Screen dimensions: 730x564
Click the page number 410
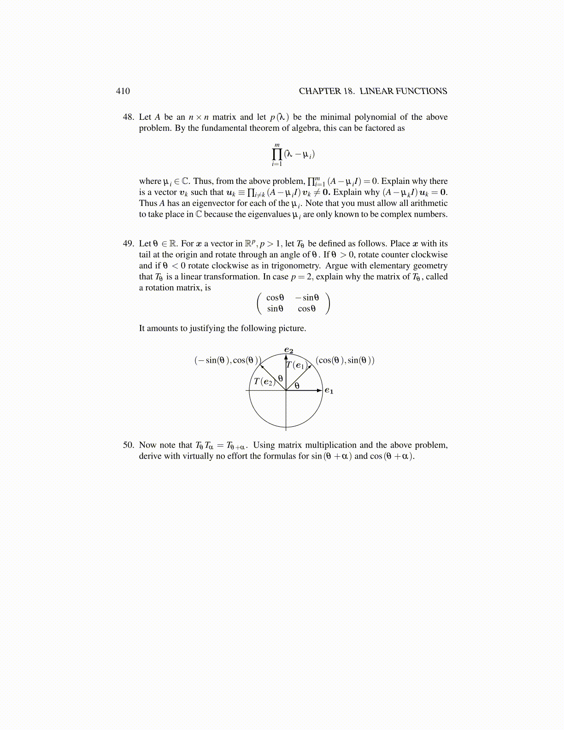123,91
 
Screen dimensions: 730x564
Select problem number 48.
128,117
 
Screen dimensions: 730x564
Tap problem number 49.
128,243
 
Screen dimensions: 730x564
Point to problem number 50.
128,445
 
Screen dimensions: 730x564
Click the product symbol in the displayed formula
277,154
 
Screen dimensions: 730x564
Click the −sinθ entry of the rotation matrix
307,298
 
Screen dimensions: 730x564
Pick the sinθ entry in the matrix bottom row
275,309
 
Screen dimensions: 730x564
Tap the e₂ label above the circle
289,350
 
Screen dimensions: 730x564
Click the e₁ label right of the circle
329,390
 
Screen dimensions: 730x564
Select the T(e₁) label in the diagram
296,365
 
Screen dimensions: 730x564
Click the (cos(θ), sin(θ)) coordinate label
345,360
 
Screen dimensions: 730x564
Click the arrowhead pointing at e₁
319,390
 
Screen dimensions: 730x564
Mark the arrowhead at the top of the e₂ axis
286,356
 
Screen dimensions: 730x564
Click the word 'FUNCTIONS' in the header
423,91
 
